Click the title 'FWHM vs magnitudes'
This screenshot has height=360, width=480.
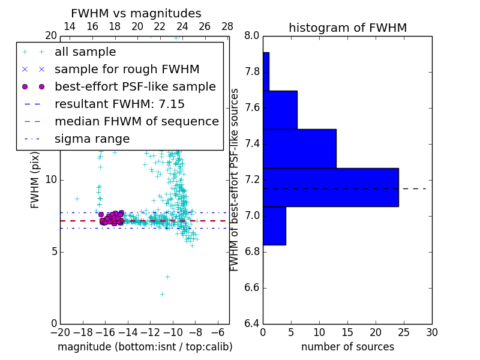pyautogui.click(x=136, y=14)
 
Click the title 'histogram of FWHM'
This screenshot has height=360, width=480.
pyautogui.click(x=347, y=28)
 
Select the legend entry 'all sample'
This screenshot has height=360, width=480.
pyautogui.click(x=85, y=52)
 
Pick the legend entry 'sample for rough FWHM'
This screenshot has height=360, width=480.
pyautogui.click(x=127, y=70)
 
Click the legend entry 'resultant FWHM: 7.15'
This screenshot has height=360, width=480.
pyautogui.click(x=119, y=104)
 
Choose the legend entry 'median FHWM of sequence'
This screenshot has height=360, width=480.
pyautogui.click(x=136, y=122)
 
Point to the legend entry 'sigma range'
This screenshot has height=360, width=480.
pyautogui.click(x=92, y=139)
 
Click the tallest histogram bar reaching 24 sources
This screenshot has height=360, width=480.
pyautogui.click(x=331, y=187)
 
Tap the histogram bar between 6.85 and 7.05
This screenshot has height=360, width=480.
pyautogui.click(x=274, y=226)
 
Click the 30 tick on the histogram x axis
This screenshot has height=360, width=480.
pyautogui.click(x=431, y=332)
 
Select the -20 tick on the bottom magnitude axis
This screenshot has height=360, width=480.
pyautogui.click(x=60, y=332)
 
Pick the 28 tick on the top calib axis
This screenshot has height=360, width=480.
pyautogui.click(x=227, y=26)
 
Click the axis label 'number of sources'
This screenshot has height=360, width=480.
pyautogui.click(x=347, y=347)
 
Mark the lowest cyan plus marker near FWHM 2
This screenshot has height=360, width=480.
pyautogui.click(x=162, y=294)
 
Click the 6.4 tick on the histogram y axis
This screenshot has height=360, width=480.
pyautogui.click(x=251, y=324)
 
